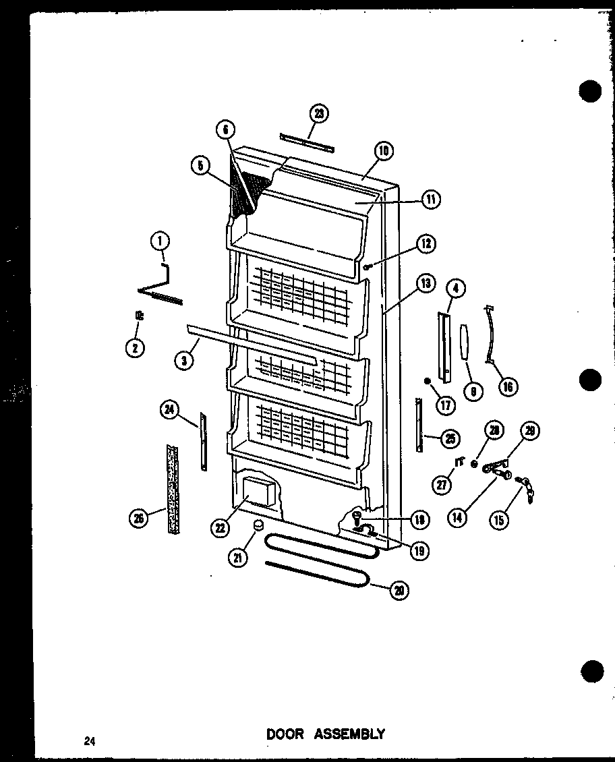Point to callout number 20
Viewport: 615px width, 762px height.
(399, 591)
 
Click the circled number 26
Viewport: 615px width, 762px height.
(140, 517)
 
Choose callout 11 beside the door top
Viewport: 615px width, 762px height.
(430, 199)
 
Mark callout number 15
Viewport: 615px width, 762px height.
(500, 519)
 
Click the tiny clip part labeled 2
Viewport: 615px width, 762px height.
(139, 315)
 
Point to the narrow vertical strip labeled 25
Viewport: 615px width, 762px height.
(419, 425)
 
